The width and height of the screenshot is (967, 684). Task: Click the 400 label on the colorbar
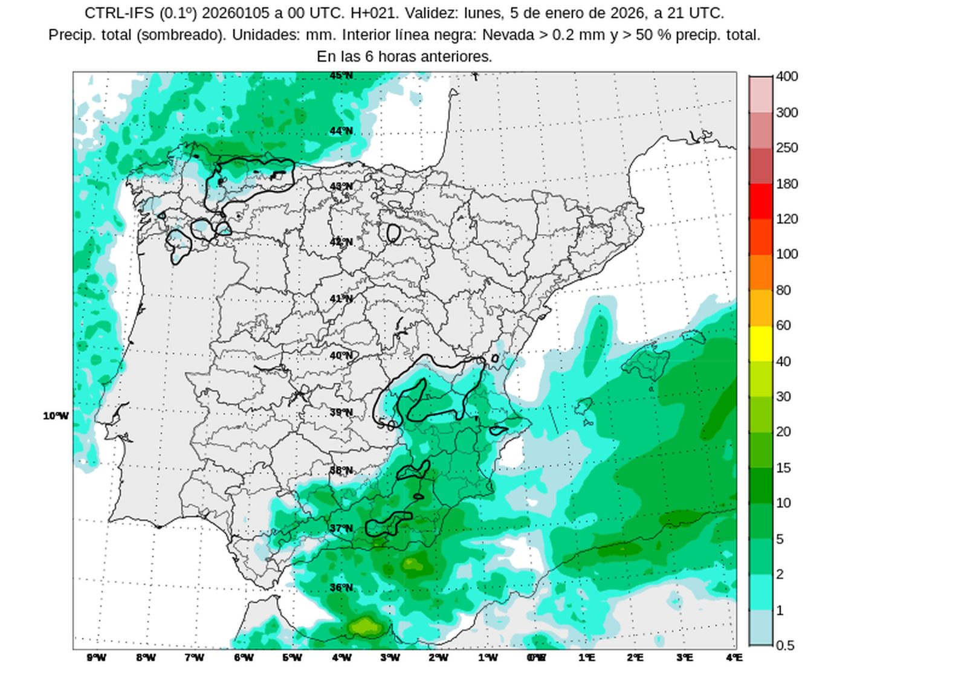pyautogui.click(x=787, y=77)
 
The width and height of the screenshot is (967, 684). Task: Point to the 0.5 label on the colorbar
pyautogui.click(x=784, y=645)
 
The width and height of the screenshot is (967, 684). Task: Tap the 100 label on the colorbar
pyautogui.click(x=787, y=254)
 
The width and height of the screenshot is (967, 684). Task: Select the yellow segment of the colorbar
pyautogui.click(x=761, y=343)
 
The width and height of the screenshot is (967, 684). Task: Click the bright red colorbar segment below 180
pyautogui.click(x=761, y=201)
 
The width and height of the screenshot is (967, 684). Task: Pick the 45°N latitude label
pyautogui.click(x=341, y=76)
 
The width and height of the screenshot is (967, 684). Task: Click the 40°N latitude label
pyautogui.click(x=341, y=356)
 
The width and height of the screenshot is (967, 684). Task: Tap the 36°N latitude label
pyautogui.click(x=341, y=587)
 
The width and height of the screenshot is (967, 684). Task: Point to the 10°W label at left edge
pyautogui.click(x=56, y=416)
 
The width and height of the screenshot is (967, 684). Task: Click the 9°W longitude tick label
pyautogui.click(x=96, y=657)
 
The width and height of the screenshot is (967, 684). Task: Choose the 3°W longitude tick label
pyautogui.click(x=390, y=657)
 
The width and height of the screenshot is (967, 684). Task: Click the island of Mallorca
pyautogui.click(x=647, y=363)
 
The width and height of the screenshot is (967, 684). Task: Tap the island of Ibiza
pyautogui.click(x=583, y=406)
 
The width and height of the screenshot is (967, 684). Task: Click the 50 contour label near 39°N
pyautogui.click(x=386, y=425)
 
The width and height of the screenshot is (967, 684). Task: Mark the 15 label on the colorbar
pyautogui.click(x=783, y=468)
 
